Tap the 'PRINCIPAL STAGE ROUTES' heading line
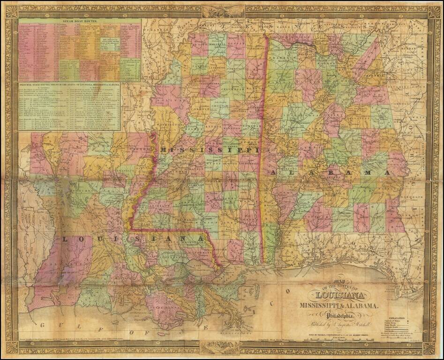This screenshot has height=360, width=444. click(69, 85)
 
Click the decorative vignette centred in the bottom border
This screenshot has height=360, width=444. click(218, 347)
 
